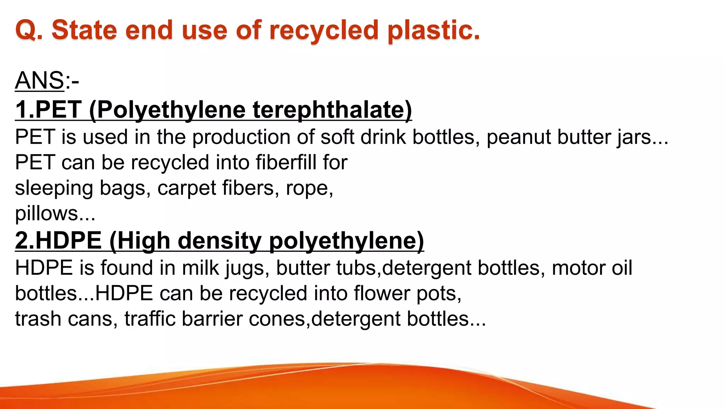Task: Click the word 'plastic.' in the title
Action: [434, 30]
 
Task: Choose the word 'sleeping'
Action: [54, 188]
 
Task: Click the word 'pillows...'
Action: [55, 214]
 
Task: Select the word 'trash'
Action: [38, 319]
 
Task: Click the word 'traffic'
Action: [150, 319]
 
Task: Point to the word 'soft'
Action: [337, 137]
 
